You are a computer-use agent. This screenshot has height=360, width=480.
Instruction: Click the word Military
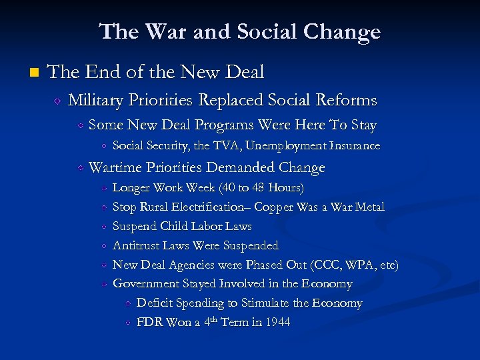pos(95,101)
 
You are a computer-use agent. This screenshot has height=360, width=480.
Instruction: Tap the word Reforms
pos(347,101)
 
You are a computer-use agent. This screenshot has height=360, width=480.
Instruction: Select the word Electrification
pos(197,207)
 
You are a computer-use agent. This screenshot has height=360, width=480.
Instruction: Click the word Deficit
pos(156,303)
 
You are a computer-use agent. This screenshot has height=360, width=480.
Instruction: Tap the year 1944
pos(277,323)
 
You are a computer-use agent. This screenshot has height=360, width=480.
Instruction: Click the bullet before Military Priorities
pos(58,101)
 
